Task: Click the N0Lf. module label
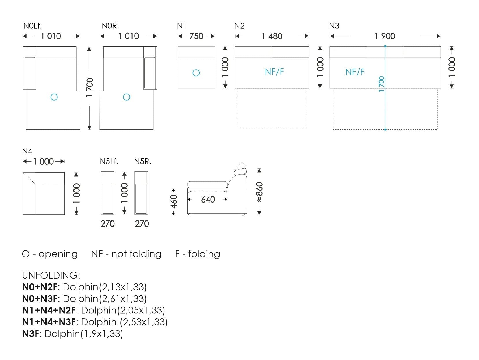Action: pyautogui.click(x=32, y=26)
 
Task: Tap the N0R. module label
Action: pyautogui.click(x=110, y=26)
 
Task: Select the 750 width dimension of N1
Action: pyautogui.click(x=196, y=36)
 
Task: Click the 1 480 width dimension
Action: pyautogui.click(x=272, y=36)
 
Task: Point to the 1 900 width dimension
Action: pyautogui.click(x=385, y=36)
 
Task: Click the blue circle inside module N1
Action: pyautogui.click(x=196, y=73)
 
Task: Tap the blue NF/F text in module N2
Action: pyautogui.click(x=274, y=72)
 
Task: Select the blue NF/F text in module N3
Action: pyautogui.click(x=355, y=72)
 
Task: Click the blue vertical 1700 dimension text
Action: pyautogui.click(x=381, y=84)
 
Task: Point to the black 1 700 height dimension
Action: pyautogui.click(x=90, y=88)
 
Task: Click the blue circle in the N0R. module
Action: pyautogui.click(x=127, y=97)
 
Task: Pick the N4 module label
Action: pyautogui.click(x=27, y=151)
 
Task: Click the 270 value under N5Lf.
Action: pyautogui.click(x=107, y=224)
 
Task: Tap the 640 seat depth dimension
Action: pyautogui.click(x=208, y=199)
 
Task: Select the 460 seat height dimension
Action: pyautogui.click(x=174, y=202)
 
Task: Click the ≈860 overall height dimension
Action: pyautogui.click(x=259, y=192)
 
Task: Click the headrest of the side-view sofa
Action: pyautogui.click(x=240, y=172)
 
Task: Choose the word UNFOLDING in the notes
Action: pyautogui.click(x=51, y=275)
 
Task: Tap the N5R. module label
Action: pyautogui.click(x=142, y=162)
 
